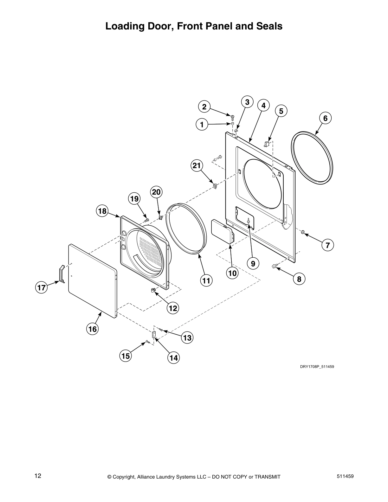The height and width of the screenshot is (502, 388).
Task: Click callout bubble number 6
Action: (x=325, y=118)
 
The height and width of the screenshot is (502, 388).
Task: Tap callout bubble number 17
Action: (x=41, y=288)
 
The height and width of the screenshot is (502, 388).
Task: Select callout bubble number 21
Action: (x=197, y=165)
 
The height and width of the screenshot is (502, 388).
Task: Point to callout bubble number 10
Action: (x=232, y=273)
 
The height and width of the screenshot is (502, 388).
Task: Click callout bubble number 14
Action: (x=173, y=358)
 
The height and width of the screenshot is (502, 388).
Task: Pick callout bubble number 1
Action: (x=202, y=125)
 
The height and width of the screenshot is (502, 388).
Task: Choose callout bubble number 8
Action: (x=299, y=279)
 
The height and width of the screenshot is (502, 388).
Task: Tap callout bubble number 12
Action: (x=173, y=308)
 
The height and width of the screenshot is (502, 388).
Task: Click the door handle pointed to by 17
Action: (x=61, y=274)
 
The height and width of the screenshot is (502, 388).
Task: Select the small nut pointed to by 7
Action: (x=303, y=233)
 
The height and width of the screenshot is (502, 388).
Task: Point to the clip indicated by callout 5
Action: (x=267, y=145)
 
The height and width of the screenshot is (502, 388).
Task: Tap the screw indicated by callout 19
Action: (x=146, y=219)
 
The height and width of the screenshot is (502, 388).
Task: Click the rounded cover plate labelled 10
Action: (x=222, y=231)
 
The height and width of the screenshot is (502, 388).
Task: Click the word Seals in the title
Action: (x=269, y=26)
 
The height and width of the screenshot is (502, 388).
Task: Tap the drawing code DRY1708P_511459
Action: (x=317, y=367)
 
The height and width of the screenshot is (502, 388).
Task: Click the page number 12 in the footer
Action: (x=38, y=476)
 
